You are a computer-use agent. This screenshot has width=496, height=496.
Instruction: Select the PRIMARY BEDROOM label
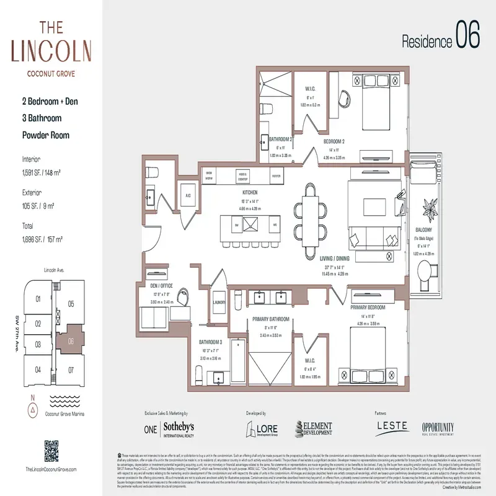pos(368,307)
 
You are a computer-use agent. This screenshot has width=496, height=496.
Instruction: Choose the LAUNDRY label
pos(218,303)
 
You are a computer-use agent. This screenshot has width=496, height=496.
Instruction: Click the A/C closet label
pos(187,195)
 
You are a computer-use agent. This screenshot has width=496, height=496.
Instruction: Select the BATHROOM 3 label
pos(210,342)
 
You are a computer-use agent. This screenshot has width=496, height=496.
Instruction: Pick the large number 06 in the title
pos(467,36)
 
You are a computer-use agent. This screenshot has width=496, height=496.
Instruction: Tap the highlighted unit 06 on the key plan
pos(71,340)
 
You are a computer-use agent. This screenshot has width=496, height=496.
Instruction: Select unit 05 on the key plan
pos(71,304)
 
